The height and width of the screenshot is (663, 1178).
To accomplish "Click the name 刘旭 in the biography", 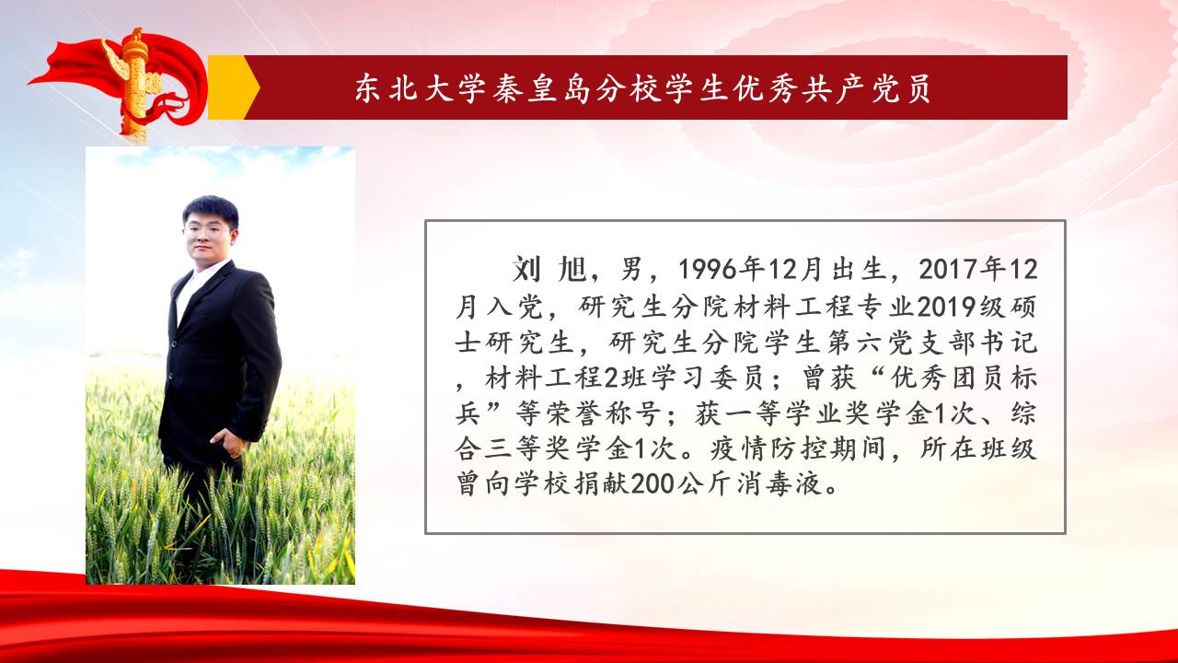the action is click(x=549, y=270).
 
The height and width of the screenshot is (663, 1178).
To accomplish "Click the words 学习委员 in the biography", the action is click(x=708, y=378).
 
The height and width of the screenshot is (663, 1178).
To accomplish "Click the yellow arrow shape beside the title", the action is click(x=231, y=87).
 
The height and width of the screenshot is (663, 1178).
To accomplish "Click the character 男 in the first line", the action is click(x=630, y=270).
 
